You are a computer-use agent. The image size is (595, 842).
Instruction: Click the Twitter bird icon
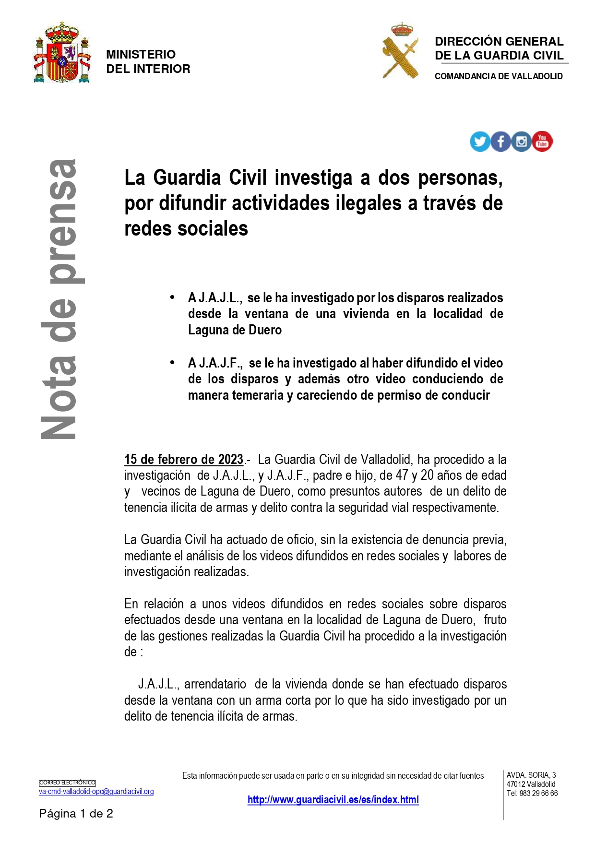click(479, 142)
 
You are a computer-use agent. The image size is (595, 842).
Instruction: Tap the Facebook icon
click(500, 142)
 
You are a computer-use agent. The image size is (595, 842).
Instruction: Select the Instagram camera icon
click(522, 142)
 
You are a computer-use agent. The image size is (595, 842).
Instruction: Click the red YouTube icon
click(542, 142)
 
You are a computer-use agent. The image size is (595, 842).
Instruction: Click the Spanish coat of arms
click(62, 53)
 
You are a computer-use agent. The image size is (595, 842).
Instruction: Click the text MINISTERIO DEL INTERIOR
click(148, 61)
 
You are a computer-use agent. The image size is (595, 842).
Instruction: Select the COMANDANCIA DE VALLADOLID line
click(499, 76)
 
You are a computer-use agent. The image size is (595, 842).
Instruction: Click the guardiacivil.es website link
click(333, 800)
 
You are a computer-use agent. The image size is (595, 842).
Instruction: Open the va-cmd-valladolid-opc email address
click(96, 792)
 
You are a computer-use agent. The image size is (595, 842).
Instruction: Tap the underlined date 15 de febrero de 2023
click(184, 460)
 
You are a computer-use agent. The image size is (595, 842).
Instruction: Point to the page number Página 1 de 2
click(76, 814)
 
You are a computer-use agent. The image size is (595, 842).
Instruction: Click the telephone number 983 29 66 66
click(538, 794)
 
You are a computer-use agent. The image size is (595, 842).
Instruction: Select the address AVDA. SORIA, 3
click(531, 775)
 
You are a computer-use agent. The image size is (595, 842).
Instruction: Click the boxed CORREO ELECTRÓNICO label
click(67, 783)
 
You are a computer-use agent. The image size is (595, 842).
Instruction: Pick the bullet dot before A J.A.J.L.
click(172, 297)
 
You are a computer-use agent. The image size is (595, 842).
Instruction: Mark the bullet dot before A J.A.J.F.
click(172, 363)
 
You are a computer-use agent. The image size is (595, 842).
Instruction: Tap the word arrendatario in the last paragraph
click(215, 684)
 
